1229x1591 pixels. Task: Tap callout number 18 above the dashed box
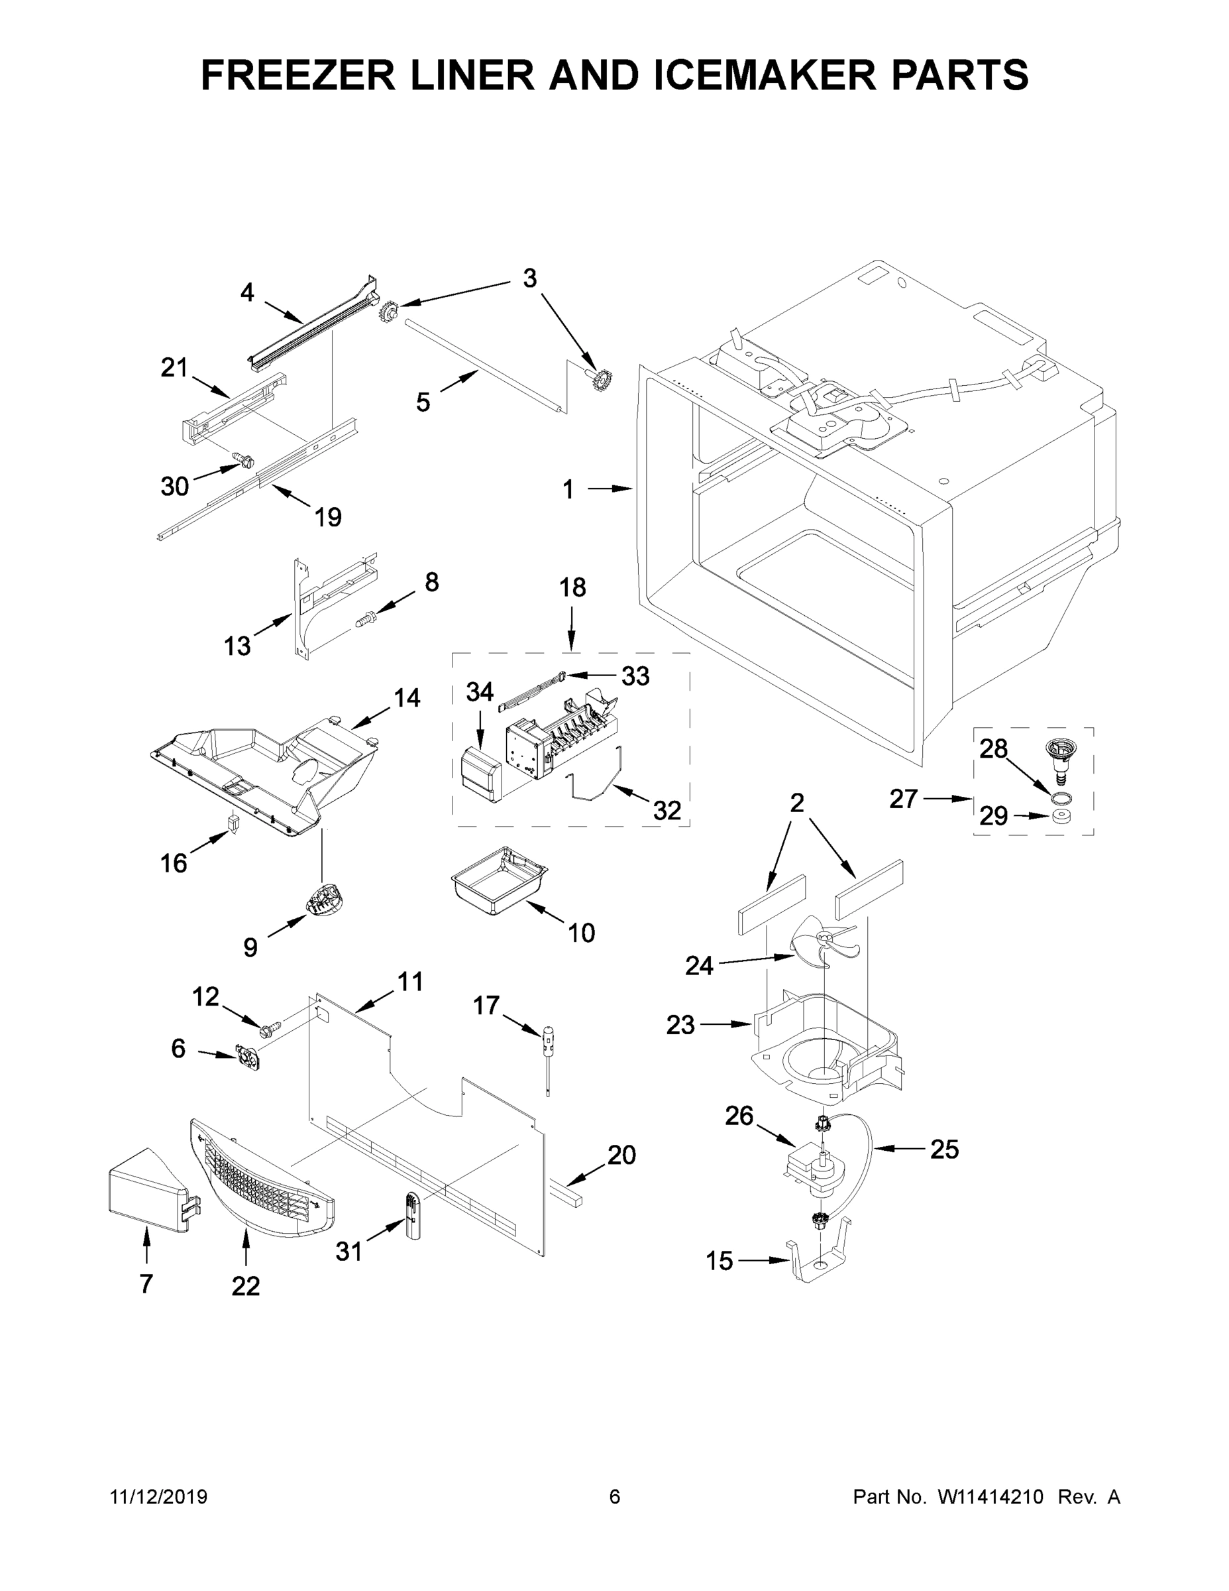(572, 587)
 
